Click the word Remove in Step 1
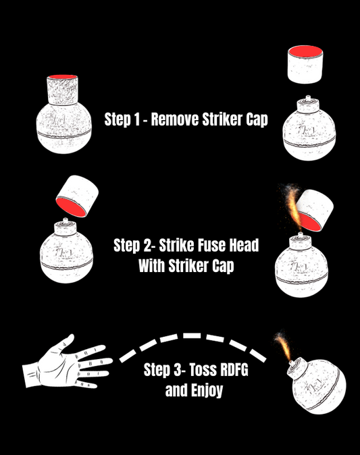(x=175, y=119)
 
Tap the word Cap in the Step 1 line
(x=257, y=119)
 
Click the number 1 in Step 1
(x=136, y=119)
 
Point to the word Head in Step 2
(x=244, y=246)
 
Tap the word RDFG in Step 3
(x=234, y=370)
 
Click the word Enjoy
(x=207, y=391)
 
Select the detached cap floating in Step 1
(x=305, y=64)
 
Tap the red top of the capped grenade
(x=62, y=77)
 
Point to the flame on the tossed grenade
(x=284, y=346)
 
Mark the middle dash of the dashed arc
(x=192, y=336)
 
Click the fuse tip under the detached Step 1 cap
(x=308, y=97)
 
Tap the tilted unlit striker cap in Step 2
(x=77, y=196)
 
